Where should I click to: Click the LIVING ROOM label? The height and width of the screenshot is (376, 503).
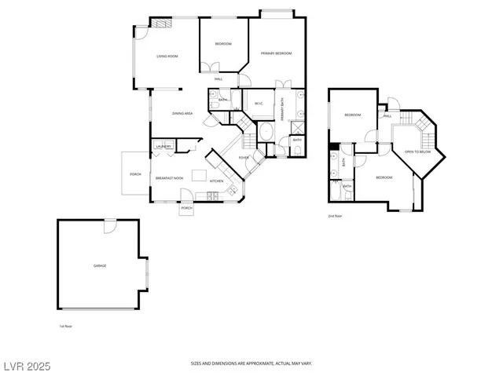[166, 57]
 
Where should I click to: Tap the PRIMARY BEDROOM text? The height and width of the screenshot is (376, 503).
[277, 53]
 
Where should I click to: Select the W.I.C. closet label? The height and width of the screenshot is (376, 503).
[258, 103]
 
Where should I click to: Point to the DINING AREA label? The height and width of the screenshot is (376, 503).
[183, 114]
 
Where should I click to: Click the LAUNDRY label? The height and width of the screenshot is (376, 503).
[164, 147]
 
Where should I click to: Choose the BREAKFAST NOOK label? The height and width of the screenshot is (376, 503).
[169, 178]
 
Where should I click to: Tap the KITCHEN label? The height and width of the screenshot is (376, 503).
[216, 181]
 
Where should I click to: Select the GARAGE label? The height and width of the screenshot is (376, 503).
[100, 266]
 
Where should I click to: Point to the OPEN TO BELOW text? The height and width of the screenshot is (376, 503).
[417, 151]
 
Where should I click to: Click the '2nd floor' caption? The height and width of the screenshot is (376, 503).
[335, 216]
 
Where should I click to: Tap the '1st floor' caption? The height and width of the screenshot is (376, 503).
[66, 326]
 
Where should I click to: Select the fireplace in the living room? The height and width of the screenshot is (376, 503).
[161, 23]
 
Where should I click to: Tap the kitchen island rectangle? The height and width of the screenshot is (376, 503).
[200, 174]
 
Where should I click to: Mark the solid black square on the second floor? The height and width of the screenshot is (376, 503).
[335, 146]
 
